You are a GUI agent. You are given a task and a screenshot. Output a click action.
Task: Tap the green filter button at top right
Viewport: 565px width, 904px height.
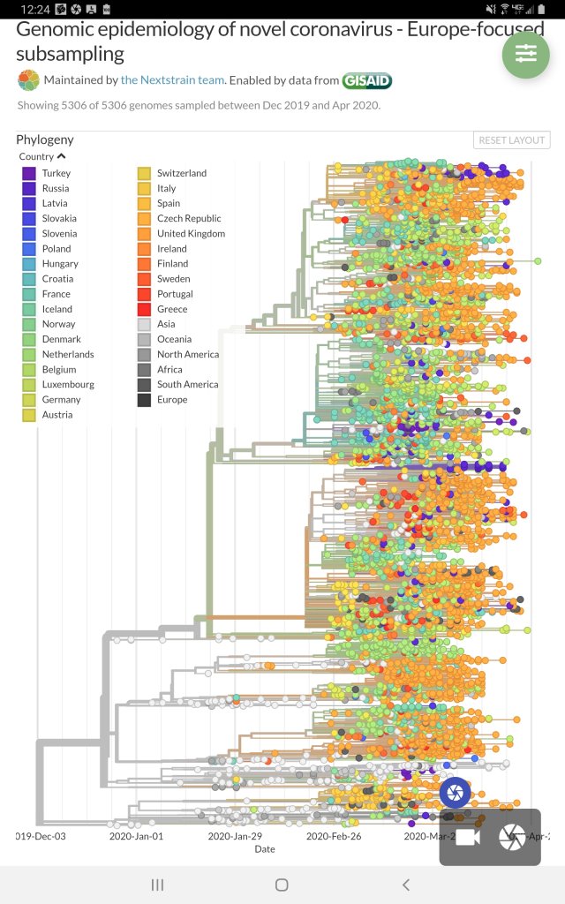click(525, 54)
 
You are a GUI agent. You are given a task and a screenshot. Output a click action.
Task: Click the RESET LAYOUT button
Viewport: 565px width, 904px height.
click(512, 140)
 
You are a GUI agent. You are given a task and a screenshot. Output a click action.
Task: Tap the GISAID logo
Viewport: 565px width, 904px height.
click(366, 80)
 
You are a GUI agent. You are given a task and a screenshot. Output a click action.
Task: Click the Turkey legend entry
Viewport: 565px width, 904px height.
click(56, 173)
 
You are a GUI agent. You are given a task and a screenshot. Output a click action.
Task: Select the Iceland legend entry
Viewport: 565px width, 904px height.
click(56, 309)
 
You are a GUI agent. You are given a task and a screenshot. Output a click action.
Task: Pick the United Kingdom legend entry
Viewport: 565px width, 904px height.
click(191, 234)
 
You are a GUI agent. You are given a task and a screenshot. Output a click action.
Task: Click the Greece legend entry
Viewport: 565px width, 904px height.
click(172, 309)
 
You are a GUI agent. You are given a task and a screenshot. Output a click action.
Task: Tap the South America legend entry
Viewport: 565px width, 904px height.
click(187, 385)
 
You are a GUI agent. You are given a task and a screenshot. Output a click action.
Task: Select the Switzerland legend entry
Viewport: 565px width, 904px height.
click(182, 173)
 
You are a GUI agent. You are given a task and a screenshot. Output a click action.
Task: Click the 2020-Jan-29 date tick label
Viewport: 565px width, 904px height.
click(236, 836)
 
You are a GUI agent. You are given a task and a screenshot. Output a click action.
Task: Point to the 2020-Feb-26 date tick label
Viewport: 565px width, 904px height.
click(335, 836)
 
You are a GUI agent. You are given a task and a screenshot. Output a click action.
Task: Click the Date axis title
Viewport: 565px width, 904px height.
click(265, 849)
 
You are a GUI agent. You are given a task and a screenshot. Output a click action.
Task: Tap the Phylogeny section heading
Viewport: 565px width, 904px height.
click(45, 139)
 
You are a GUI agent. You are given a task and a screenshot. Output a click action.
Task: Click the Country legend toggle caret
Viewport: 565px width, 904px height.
click(62, 156)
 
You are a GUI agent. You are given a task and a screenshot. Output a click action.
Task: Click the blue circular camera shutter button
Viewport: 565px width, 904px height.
click(456, 792)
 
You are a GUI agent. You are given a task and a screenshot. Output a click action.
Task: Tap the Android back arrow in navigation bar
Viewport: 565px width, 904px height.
click(406, 885)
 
